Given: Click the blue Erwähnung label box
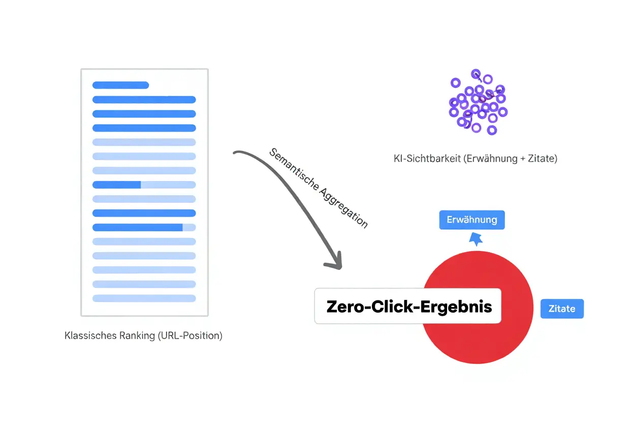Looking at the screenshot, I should coord(471,220).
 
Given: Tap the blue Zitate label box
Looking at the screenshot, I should coord(562,309).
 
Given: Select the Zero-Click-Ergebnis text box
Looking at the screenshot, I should coord(408,306).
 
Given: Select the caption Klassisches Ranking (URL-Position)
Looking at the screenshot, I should coord(144,336).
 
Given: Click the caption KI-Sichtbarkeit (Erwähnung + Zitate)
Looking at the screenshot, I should coord(475,159).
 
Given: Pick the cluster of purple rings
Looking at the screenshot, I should coord(478,102).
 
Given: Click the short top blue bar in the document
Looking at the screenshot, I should coord(120,85).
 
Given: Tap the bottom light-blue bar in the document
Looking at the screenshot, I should coord(144,298).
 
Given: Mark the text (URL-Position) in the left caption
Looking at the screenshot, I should coord(190,336).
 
